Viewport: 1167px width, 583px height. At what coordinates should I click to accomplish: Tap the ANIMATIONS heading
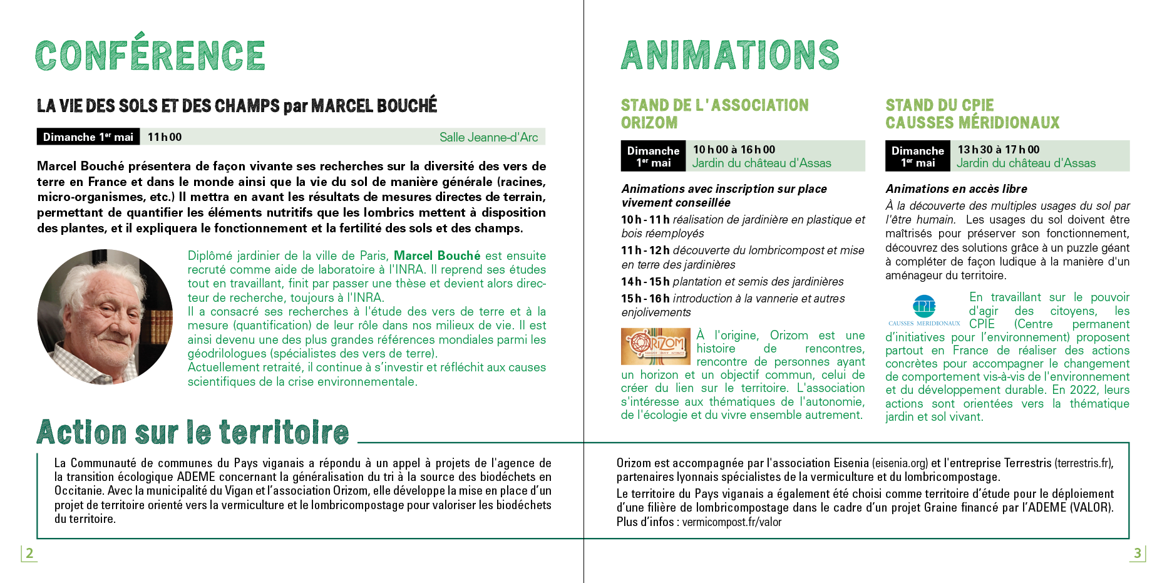pyautogui.click(x=729, y=55)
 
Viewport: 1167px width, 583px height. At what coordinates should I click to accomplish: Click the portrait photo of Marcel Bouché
pyautogui.click(x=105, y=316)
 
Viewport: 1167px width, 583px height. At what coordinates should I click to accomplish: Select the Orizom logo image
pyautogui.click(x=655, y=346)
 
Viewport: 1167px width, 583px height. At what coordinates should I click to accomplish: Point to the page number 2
pyautogui.click(x=29, y=553)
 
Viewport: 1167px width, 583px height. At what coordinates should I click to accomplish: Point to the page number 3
pyautogui.click(x=1138, y=553)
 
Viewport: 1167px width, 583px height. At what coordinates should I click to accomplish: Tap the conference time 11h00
pyautogui.click(x=165, y=137)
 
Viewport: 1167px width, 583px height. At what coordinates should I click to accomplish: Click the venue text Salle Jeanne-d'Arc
pyautogui.click(x=488, y=137)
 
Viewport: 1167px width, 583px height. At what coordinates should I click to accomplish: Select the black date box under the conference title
pyautogui.click(x=88, y=137)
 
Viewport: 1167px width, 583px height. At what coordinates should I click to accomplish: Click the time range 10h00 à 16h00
pyautogui.click(x=734, y=150)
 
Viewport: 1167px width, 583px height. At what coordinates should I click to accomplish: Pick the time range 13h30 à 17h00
pyautogui.click(x=999, y=150)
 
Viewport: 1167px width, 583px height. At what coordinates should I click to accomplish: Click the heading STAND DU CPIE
pyautogui.click(x=939, y=105)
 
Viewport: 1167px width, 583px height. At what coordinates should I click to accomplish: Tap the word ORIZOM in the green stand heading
pyautogui.click(x=649, y=123)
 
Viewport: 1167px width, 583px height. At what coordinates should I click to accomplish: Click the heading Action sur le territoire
pyautogui.click(x=193, y=432)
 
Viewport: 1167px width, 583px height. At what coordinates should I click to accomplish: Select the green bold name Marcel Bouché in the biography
pyautogui.click(x=437, y=255)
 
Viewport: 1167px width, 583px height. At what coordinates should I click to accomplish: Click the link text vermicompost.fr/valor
pyautogui.click(x=732, y=522)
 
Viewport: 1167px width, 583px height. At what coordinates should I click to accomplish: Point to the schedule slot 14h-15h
pyautogui.click(x=645, y=282)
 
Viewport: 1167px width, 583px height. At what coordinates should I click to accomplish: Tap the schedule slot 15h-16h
pyautogui.click(x=645, y=299)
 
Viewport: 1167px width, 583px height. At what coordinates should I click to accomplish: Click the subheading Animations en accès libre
pyautogui.click(x=956, y=189)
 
